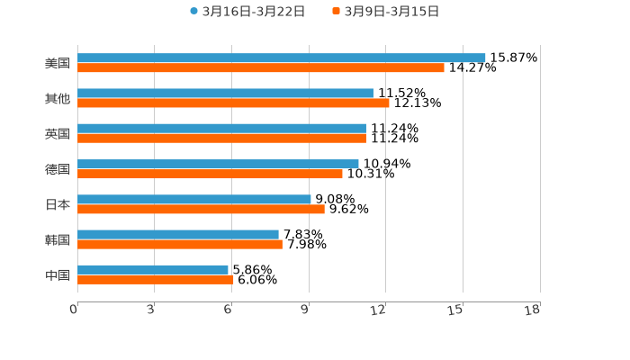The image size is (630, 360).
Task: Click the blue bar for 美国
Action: click(281, 58)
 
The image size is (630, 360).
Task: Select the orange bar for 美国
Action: click(261, 68)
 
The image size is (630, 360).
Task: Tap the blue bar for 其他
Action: click(225, 94)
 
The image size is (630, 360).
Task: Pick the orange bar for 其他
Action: click(233, 103)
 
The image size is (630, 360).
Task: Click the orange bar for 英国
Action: click(221, 139)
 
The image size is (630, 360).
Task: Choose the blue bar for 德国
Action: click(218, 164)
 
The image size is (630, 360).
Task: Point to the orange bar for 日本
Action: click(201, 209)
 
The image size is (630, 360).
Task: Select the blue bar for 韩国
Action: click(178, 234)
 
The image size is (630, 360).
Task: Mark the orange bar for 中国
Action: click(156, 280)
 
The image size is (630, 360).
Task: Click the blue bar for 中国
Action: click(153, 269)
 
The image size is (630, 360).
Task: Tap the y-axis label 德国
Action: click(58, 169)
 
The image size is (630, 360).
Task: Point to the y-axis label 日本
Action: click(58, 204)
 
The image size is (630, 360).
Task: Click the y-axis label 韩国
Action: click(58, 239)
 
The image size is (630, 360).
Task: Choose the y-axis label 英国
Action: click(58, 134)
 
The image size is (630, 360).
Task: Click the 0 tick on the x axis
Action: click(74, 310)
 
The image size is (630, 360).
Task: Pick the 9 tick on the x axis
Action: click(306, 310)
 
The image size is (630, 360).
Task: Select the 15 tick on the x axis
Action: click(455, 310)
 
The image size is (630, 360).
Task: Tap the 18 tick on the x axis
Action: click(533, 310)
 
